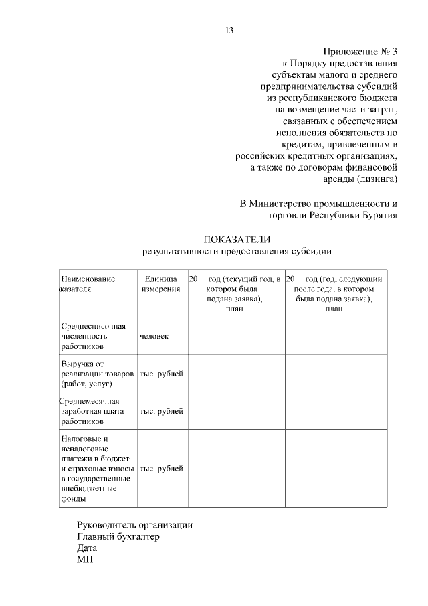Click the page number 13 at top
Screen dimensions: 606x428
pos(229,30)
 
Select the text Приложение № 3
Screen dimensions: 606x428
pos(360,51)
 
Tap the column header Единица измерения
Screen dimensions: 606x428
pos(160,284)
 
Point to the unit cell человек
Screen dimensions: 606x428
pos(154,336)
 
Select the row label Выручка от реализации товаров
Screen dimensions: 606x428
pos(97,374)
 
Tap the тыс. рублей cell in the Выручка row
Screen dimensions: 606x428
pos(161,374)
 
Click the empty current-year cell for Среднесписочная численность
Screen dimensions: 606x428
pos(236,336)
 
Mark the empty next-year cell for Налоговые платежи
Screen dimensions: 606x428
pos(336,468)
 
